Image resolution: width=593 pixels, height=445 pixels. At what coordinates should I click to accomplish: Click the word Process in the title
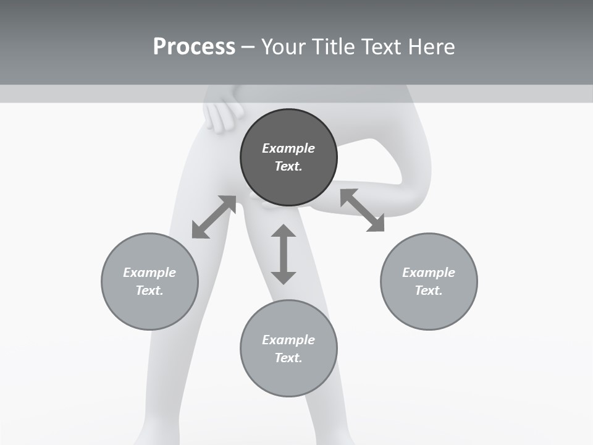(194, 47)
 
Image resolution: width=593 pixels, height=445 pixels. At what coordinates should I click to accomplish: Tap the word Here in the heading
(431, 47)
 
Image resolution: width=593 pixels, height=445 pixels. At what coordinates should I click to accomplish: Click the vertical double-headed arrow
(284, 254)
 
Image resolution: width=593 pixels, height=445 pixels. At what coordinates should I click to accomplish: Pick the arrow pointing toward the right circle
(363, 210)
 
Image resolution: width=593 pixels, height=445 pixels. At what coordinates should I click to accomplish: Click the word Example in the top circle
(288, 148)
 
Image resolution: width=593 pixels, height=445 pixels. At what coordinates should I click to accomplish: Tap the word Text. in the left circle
(149, 290)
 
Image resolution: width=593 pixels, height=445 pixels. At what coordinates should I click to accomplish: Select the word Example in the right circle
(429, 273)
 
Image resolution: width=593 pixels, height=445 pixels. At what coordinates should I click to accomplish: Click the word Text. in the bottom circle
(288, 358)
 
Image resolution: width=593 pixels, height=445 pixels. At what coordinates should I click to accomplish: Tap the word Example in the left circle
(149, 273)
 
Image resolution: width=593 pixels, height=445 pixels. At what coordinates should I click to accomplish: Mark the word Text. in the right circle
(429, 290)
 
